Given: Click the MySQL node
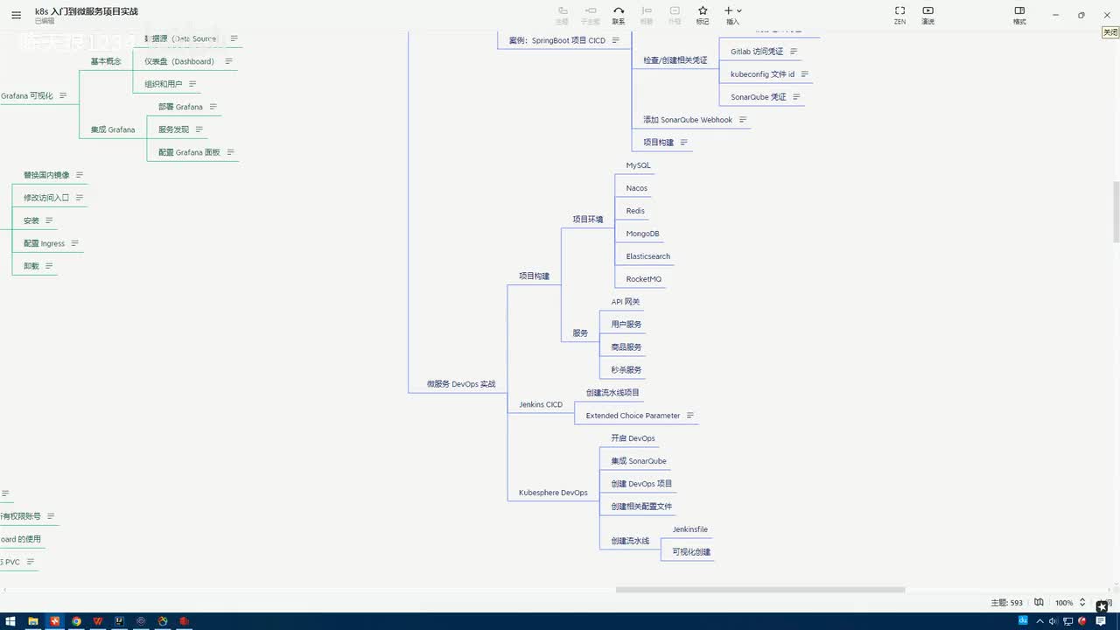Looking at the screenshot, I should [x=638, y=165].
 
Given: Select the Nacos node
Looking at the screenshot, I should [x=636, y=188].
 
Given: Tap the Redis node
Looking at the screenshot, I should [x=635, y=211].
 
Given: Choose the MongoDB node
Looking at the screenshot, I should [x=642, y=234].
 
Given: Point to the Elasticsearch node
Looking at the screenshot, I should [x=647, y=256].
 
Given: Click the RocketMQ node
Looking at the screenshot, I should [x=643, y=279].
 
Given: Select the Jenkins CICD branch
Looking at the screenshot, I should [x=540, y=404].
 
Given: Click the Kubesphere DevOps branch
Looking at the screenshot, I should [x=553, y=493].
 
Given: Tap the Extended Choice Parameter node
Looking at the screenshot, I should [x=633, y=416].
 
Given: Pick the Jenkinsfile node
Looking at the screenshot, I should [x=689, y=529].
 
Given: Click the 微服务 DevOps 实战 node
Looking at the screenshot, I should [x=460, y=384].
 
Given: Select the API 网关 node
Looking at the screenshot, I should [x=625, y=302].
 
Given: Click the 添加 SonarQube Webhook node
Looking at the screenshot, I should [x=688, y=120].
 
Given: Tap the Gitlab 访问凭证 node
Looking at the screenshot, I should [x=757, y=52].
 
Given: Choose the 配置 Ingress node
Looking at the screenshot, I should [x=44, y=243].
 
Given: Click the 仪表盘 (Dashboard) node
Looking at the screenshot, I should [x=179, y=61].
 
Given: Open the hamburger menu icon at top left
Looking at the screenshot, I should [x=16, y=15].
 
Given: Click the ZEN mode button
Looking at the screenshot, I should [x=899, y=15].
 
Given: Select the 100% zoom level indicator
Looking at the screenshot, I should [x=1063, y=603].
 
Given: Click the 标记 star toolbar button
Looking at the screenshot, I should [x=703, y=15].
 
